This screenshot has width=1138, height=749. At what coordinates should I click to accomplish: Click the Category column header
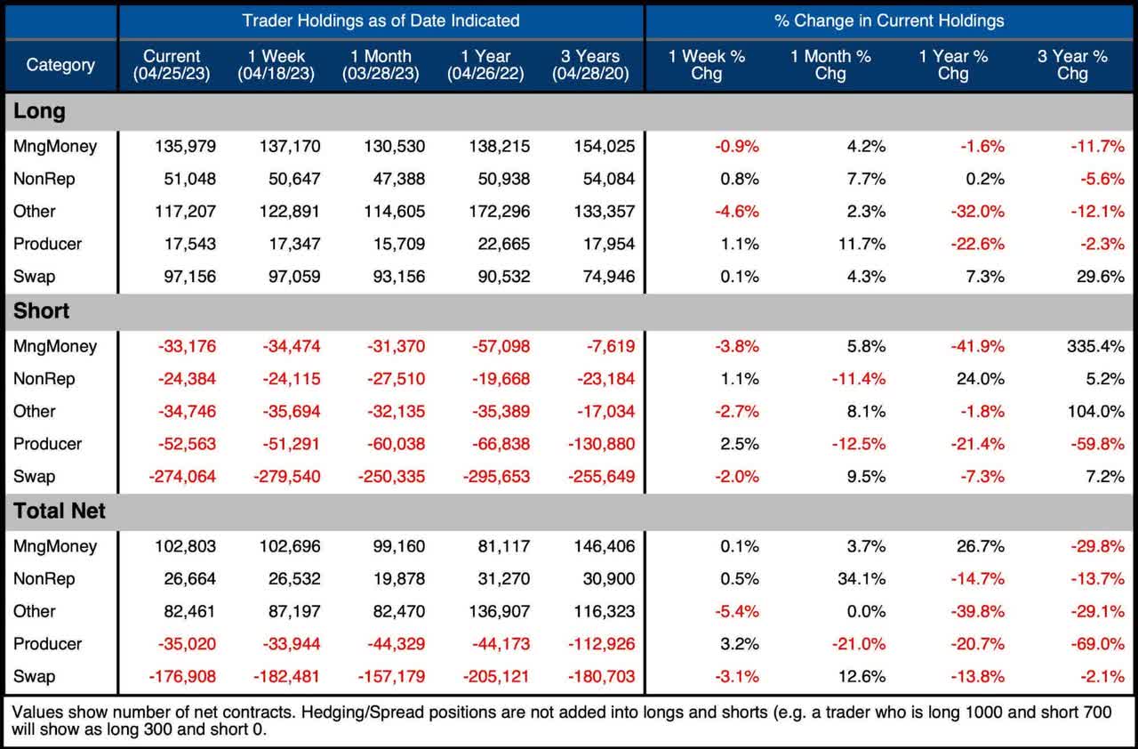click(x=60, y=65)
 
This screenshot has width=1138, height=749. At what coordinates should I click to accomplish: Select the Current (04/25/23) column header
click(x=172, y=65)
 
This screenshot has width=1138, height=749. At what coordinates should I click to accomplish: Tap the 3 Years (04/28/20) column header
click(x=590, y=65)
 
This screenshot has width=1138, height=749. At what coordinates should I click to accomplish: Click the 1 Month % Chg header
click(x=830, y=65)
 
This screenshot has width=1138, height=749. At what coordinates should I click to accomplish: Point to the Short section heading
click(x=42, y=311)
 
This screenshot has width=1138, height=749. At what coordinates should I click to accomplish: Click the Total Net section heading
click(x=60, y=511)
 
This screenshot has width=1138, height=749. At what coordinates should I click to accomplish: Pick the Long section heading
click(x=40, y=111)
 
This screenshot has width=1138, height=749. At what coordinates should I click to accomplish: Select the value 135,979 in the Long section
click(x=185, y=146)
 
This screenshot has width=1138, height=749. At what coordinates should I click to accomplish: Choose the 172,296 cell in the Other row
click(x=498, y=211)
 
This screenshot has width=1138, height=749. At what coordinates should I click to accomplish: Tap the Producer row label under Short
click(x=47, y=444)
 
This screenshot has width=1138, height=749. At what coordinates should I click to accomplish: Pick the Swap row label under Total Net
click(x=34, y=676)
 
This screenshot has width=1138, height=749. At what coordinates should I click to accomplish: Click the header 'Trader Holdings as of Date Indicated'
click(x=381, y=20)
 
